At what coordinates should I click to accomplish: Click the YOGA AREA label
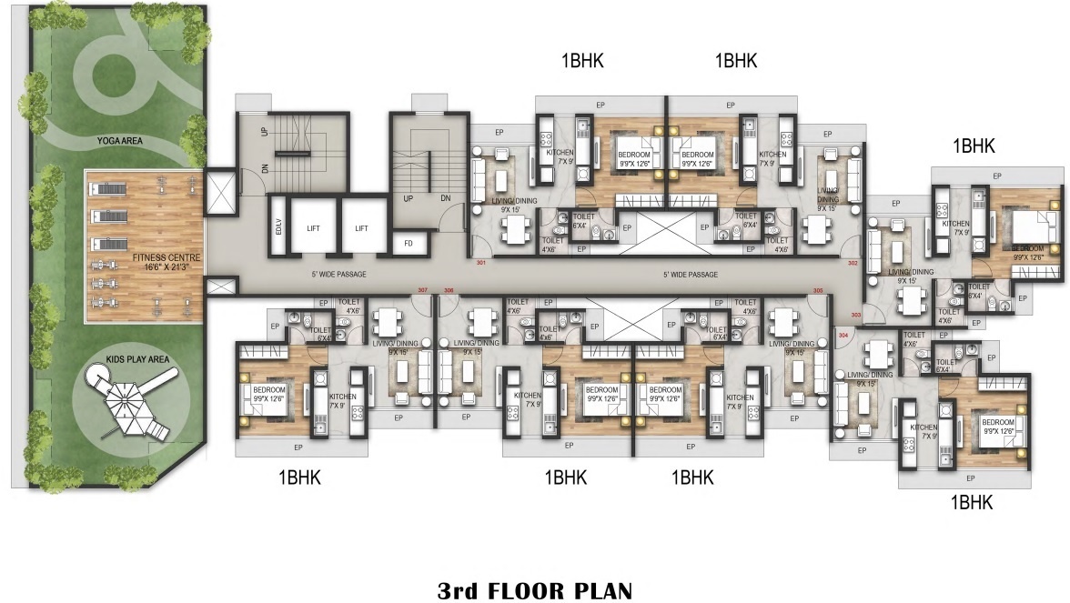(124, 141)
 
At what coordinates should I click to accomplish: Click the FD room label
(409, 243)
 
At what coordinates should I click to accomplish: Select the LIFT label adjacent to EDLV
(313, 229)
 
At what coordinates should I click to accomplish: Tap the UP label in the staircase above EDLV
(265, 133)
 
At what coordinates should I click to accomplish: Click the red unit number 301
(480, 263)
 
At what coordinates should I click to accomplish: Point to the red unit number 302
(853, 263)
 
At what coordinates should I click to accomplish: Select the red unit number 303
(855, 316)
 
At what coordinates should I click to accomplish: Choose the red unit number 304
(842, 334)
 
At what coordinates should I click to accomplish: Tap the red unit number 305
(818, 291)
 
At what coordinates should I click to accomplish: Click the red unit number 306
(448, 291)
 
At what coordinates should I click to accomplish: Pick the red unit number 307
(422, 291)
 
